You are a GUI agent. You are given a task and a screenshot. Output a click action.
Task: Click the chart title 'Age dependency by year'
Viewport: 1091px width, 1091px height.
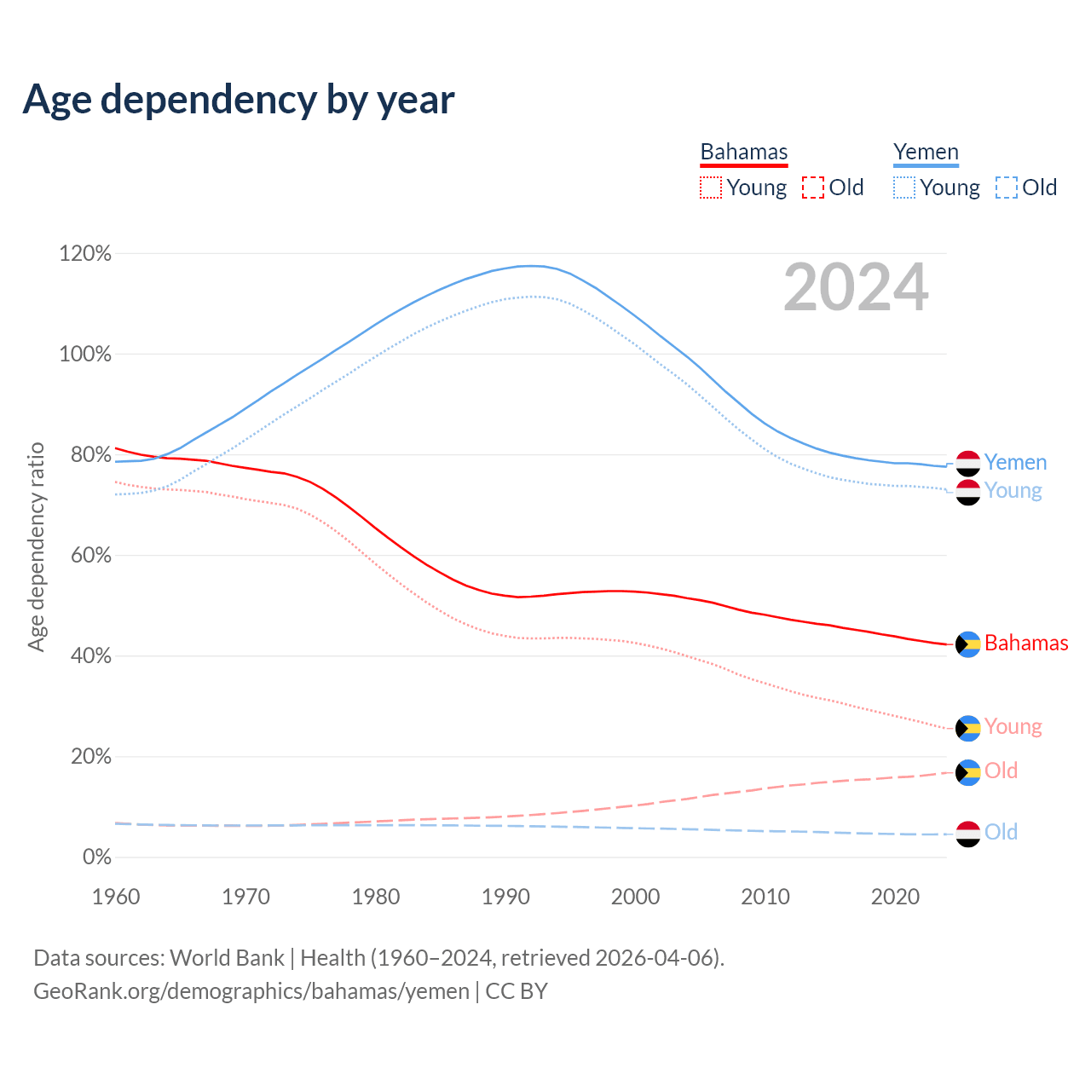click(x=239, y=100)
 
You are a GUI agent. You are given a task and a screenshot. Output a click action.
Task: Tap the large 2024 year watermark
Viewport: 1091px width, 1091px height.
click(x=856, y=288)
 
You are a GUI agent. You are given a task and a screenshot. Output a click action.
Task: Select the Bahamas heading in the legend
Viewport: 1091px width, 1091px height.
click(x=744, y=152)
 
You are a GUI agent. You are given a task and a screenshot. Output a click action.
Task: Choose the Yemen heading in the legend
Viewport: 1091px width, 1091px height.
click(x=926, y=152)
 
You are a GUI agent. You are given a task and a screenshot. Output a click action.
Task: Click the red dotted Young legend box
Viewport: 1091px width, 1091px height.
click(x=710, y=188)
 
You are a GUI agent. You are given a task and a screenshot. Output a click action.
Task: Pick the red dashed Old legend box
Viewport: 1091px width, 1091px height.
click(x=813, y=188)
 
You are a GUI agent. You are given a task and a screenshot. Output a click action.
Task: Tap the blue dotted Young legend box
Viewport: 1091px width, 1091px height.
click(x=904, y=188)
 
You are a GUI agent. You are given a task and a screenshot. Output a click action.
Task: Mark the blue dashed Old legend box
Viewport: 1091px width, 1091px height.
click(x=1007, y=188)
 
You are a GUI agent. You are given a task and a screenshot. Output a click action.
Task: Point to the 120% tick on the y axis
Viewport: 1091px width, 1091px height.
click(x=85, y=254)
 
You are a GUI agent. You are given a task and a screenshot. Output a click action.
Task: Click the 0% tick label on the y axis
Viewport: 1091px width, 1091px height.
click(x=97, y=857)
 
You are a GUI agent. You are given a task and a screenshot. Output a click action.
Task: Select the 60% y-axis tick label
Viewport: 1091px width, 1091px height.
click(x=85, y=556)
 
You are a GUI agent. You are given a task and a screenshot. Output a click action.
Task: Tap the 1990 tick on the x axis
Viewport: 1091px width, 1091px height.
click(x=505, y=897)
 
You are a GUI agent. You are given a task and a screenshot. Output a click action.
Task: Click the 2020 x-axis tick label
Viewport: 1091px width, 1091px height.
click(x=895, y=897)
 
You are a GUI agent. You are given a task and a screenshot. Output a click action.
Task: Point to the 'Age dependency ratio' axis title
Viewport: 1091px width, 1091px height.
click(x=36, y=546)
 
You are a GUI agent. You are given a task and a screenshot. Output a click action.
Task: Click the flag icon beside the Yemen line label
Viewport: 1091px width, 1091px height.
click(x=968, y=463)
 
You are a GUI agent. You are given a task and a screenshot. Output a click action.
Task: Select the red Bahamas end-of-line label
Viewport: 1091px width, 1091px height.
click(x=1026, y=643)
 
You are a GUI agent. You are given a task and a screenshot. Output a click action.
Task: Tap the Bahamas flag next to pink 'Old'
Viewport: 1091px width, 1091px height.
click(x=968, y=772)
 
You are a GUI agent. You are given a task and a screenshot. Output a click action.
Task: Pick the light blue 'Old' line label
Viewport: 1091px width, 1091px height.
click(x=1001, y=832)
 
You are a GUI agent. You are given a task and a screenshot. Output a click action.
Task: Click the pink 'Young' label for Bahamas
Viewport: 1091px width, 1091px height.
click(x=1013, y=726)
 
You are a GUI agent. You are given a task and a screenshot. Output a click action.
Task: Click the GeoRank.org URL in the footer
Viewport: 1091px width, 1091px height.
click(x=251, y=991)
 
